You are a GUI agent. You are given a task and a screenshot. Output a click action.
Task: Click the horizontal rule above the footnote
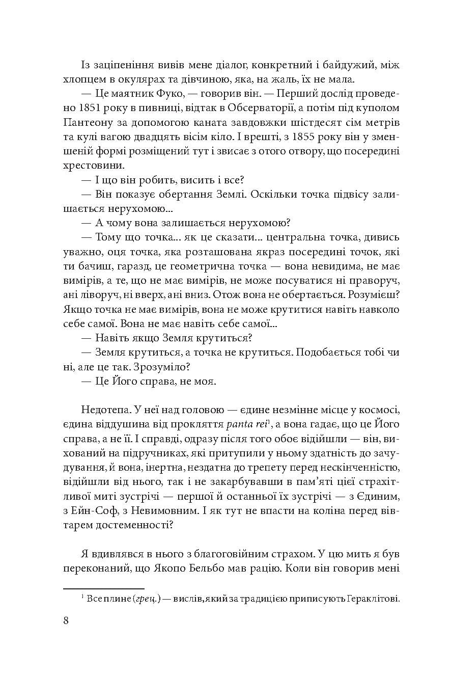pyautogui.click(x=104, y=588)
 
